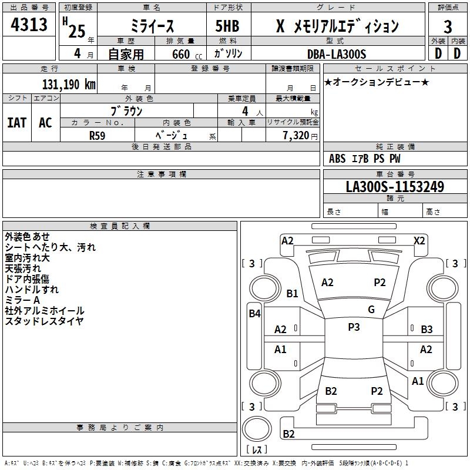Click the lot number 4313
coord(29,25)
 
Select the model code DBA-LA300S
coord(337,54)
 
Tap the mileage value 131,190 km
coord(69,84)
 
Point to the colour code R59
coord(97,135)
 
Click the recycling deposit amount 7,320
coord(296,135)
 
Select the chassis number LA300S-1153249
coord(394,187)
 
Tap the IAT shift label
coord(16,123)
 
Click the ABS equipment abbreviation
coord(337,159)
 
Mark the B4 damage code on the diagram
coord(254,314)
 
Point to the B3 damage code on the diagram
coord(427,330)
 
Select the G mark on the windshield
coord(371,310)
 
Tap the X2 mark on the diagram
coord(419,241)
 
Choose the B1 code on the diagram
coord(292,294)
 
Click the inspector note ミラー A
coord(22,300)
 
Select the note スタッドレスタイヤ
coord(44,321)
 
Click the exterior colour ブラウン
coord(126,110)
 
